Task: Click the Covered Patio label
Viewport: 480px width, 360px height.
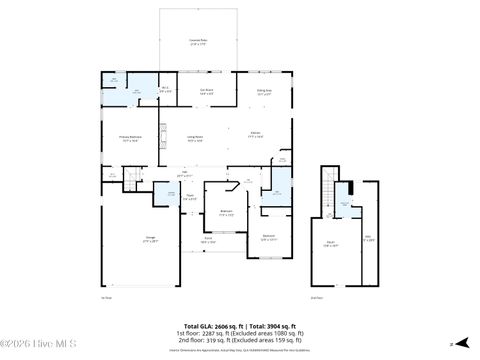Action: tap(198, 42)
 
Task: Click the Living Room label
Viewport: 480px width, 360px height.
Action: tap(196, 139)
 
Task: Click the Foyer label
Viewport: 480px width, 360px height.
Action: tap(189, 197)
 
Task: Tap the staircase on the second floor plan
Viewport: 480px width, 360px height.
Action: tap(326, 190)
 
